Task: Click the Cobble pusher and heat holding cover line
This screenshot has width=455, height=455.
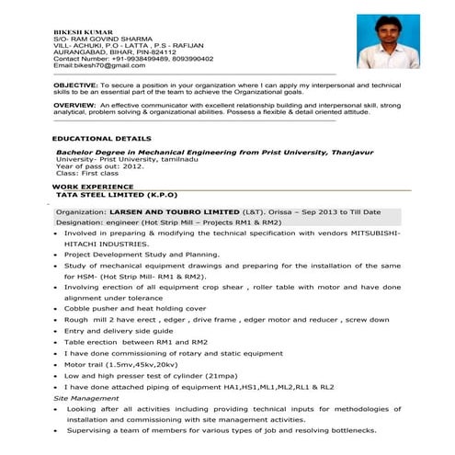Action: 135,308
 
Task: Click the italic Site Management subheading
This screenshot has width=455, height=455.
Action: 86,399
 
